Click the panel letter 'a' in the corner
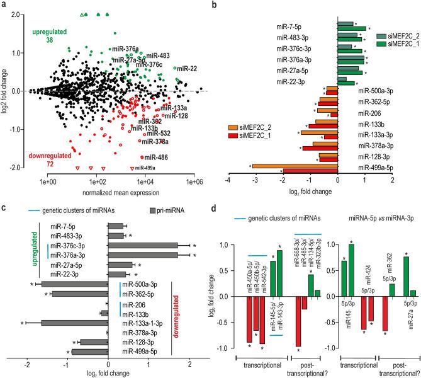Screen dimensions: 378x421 [x=4, y=6]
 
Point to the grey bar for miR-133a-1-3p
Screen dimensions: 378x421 [x=65, y=323]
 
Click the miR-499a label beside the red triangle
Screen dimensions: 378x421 [x=145, y=168]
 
